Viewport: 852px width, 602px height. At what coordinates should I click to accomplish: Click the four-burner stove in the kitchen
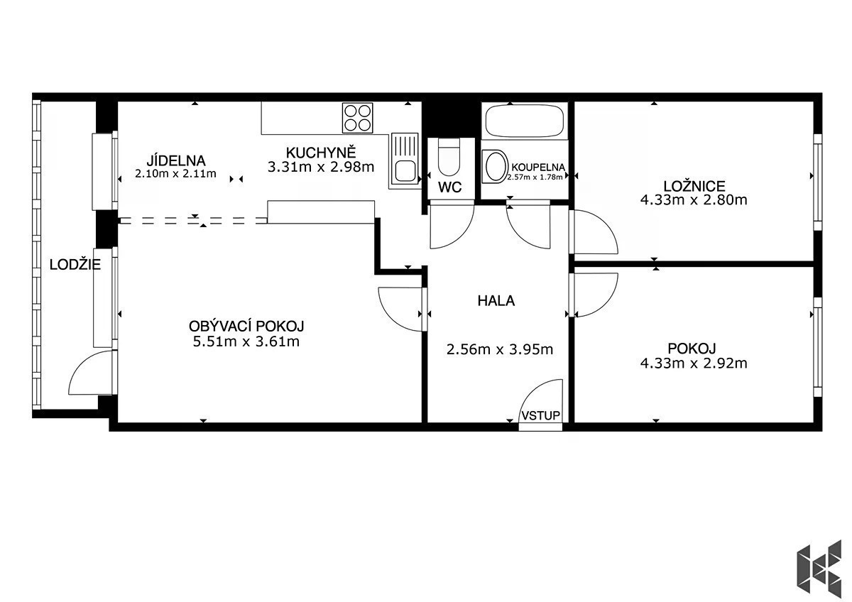357,118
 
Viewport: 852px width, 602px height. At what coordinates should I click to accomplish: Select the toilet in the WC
449,157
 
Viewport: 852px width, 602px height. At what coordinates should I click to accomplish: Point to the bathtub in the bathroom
525,121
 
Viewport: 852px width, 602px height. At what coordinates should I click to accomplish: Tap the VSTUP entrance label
540,416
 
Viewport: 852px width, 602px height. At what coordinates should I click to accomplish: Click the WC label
449,187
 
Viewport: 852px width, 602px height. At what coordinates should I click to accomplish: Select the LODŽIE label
75,264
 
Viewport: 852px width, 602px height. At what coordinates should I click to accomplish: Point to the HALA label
496,301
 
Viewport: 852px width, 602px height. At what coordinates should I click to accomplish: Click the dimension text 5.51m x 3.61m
246,341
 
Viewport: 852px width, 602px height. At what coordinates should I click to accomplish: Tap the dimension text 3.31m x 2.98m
321,167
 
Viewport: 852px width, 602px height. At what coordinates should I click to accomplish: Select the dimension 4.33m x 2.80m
694,199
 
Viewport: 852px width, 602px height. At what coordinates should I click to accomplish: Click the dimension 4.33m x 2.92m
694,363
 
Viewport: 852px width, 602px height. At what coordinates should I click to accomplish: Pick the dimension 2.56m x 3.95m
500,349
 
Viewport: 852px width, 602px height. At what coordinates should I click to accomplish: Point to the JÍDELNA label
176,160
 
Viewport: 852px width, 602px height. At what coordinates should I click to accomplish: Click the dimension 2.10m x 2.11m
176,174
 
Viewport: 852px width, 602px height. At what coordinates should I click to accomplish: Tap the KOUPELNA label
538,167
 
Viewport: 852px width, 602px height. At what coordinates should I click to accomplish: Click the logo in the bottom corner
819,568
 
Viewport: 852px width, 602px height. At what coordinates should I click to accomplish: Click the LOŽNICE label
694,186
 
